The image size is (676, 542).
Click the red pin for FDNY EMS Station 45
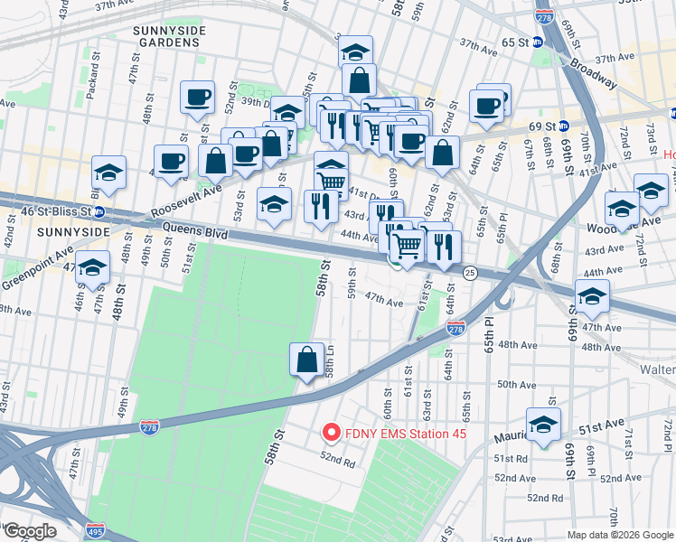click(x=331, y=434)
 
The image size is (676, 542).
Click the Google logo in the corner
click(x=30, y=531)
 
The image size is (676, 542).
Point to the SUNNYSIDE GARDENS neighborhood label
click(x=164, y=36)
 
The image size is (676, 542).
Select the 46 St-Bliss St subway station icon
click(x=99, y=213)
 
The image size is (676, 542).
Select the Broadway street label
click(x=595, y=76)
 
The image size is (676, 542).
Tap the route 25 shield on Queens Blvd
click(x=469, y=273)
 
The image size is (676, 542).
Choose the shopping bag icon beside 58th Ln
click(x=307, y=360)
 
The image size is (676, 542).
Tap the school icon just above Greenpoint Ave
click(x=92, y=267)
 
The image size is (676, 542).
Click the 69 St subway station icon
click(x=562, y=126)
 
